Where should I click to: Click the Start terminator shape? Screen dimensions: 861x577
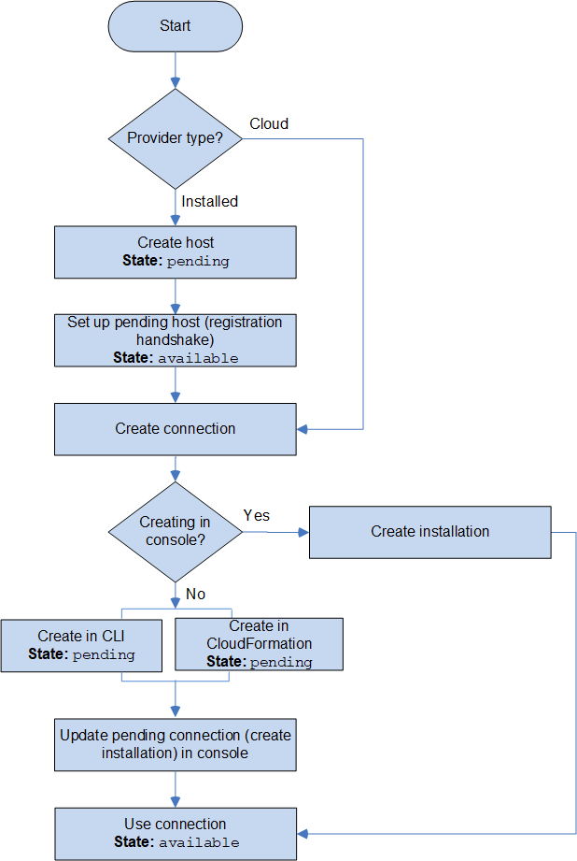tap(175, 26)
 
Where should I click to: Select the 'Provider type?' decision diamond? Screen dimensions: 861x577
tap(175, 138)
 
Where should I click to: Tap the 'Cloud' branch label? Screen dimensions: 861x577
tap(269, 123)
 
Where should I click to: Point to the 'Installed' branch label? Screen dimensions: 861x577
tap(209, 201)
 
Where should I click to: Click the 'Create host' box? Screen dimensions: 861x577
tap(175, 251)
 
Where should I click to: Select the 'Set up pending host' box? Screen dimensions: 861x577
tap(175, 339)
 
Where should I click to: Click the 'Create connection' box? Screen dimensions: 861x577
tap(175, 429)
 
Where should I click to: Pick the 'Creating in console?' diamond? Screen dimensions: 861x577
tap(175, 531)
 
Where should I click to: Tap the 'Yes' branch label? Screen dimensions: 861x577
tap(257, 515)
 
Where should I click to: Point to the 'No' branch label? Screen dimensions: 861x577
tap(195, 594)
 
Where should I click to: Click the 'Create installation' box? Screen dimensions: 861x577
tap(429, 531)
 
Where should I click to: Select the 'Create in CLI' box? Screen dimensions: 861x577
tap(81, 645)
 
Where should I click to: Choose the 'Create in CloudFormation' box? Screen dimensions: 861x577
tap(259, 644)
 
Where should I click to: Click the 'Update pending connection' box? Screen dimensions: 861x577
tap(175, 744)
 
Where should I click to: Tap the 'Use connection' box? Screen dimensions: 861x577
tap(175, 833)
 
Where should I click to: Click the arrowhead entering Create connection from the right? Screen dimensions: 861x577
tap(303, 429)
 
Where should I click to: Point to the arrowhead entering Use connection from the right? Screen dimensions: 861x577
tap(303, 833)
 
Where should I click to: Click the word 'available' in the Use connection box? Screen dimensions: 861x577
tap(199, 842)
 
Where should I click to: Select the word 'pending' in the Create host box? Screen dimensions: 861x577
tap(197, 261)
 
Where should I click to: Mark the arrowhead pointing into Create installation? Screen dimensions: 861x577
tap(303, 532)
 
